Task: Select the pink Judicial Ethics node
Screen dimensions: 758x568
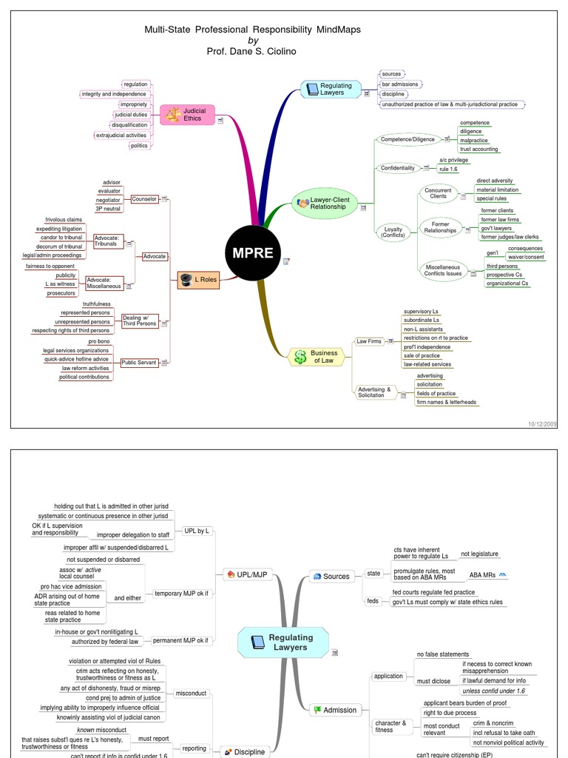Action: click(x=186, y=115)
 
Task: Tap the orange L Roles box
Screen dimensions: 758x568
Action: click(x=199, y=279)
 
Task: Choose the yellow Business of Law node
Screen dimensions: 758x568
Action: click(x=316, y=357)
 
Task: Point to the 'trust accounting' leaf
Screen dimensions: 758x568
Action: click(x=479, y=150)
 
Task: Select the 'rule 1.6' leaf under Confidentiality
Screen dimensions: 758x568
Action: click(x=450, y=170)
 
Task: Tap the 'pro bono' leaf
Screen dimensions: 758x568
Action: click(x=98, y=341)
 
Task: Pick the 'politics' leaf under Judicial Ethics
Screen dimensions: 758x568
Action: click(x=139, y=146)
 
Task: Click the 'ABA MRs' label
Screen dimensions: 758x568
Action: click(x=483, y=574)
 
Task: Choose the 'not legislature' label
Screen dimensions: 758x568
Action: click(x=479, y=554)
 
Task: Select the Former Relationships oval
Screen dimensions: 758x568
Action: click(x=440, y=227)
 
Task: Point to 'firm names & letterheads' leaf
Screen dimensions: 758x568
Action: click(x=446, y=403)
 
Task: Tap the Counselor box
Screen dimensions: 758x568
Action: click(x=144, y=199)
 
